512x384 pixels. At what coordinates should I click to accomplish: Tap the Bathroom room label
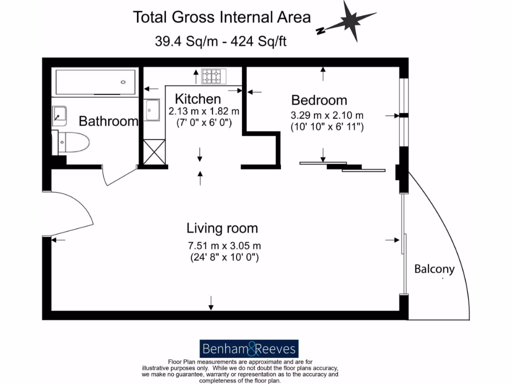(108, 121)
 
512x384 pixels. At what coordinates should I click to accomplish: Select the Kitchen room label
(197, 98)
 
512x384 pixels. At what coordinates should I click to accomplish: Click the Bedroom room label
(319, 99)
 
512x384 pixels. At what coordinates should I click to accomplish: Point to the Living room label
(222, 228)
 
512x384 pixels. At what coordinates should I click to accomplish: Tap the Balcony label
(434, 269)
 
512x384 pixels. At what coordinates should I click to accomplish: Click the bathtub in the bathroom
(95, 82)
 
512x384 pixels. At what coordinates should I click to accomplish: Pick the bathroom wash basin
(60, 115)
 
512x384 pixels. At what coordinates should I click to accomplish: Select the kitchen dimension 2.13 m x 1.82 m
(203, 111)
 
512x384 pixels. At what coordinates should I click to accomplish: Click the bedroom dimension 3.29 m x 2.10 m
(327, 115)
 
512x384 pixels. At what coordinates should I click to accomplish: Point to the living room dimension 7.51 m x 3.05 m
(224, 245)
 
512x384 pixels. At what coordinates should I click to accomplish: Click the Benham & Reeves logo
(249, 348)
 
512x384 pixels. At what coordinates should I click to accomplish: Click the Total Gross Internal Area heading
(221, 17)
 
